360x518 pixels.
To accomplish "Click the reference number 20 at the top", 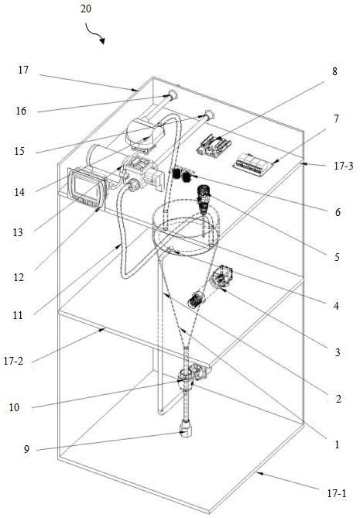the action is tap(85, 9).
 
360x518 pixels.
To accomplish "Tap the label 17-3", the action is tap(344, 166).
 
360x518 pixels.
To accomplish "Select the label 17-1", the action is tap(337, 494).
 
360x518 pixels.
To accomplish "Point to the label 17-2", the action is tap(13, 361).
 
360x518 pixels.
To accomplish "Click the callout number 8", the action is tap(334, 71).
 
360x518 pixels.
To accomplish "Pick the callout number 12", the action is tap(19, 277).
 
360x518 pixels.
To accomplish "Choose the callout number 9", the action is tap(26, 449).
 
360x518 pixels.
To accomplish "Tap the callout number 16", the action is tap(21, 111).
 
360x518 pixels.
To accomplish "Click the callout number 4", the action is tap(336, 306).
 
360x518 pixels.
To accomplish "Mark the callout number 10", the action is tap(14, 407).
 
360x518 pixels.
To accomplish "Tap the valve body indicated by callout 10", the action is tap(184, 377).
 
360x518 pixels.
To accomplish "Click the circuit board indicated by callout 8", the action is tap(214, 145).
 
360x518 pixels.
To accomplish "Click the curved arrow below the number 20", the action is tap(95, 33).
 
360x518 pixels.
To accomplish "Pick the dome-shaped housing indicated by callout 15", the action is tap(146, 134).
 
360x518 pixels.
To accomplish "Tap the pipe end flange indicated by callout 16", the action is tap(173, 95).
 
